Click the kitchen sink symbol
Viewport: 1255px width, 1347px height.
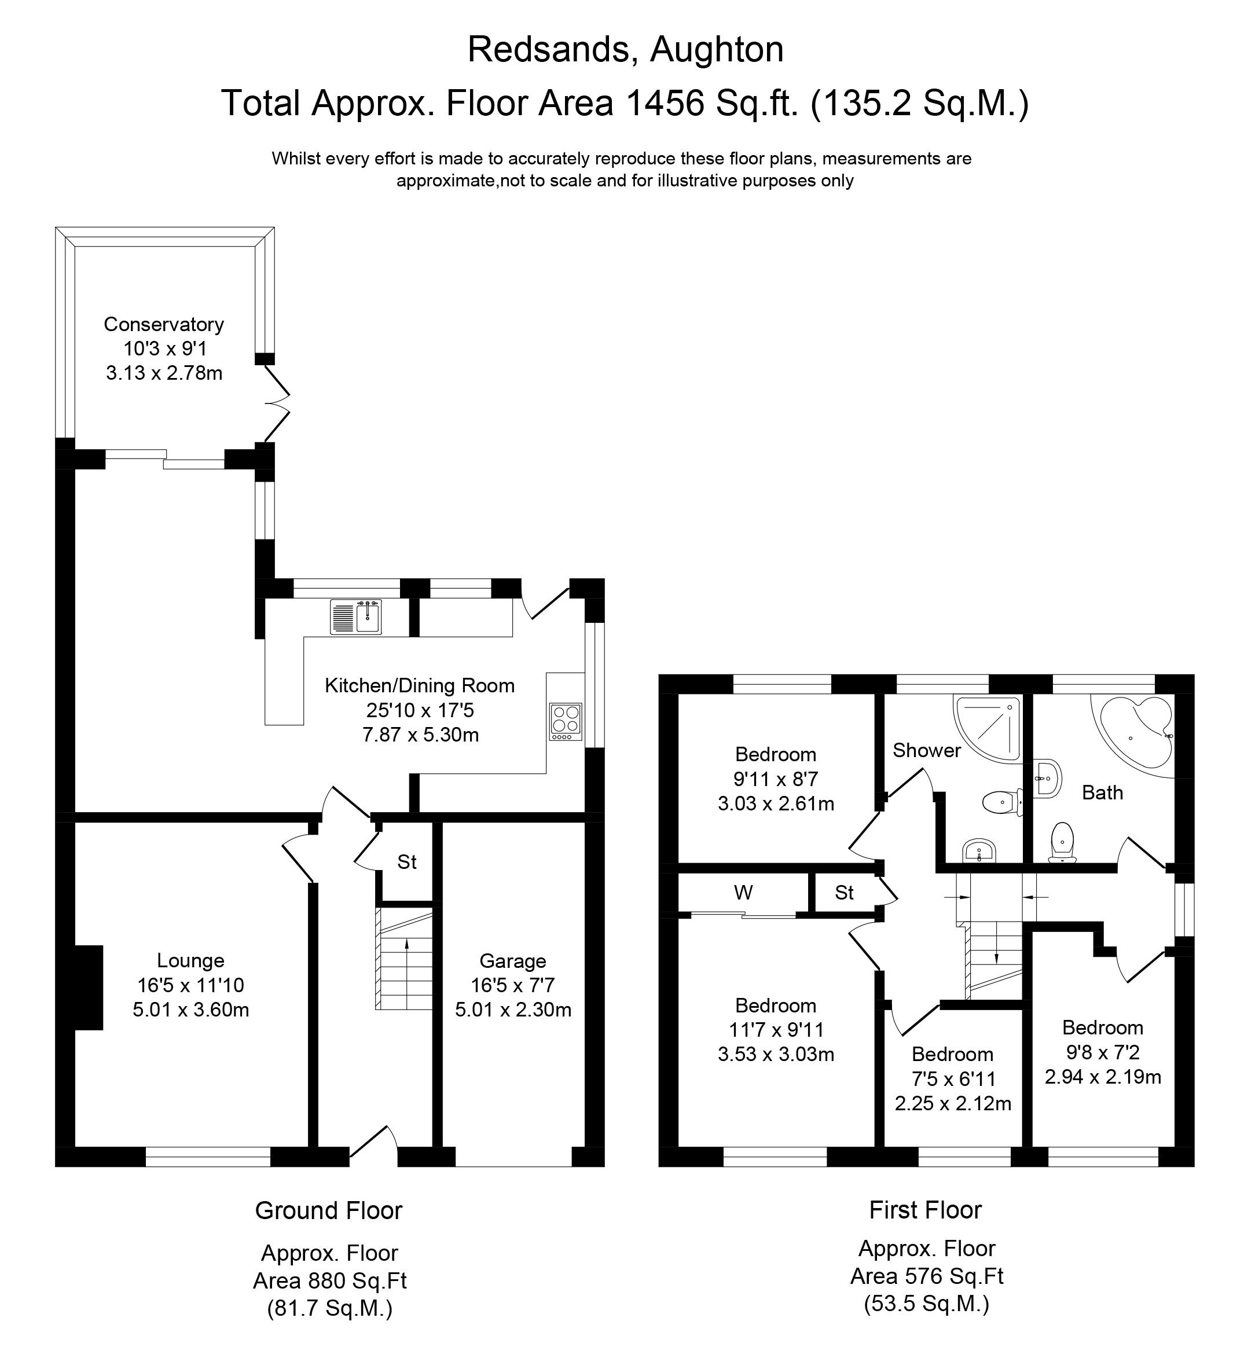click(x=357, y=616)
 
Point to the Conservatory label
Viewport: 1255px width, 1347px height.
click(x=163, y=324)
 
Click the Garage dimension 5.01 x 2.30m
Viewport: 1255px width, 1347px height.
click(x=513, y=1010)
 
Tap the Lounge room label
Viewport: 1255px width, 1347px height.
click(x=190, y=960)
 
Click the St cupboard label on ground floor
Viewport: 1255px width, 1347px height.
click(x=406, y=862)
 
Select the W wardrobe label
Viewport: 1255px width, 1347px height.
click(x=743, y=893)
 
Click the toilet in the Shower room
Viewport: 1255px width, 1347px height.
click(x=1001, y=802)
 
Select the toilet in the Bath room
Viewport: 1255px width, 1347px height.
click(x=1062, y=842)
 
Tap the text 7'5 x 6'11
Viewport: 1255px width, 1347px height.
click(x=953, y=1078)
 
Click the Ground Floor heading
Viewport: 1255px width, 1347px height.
click(x=329, y=1210)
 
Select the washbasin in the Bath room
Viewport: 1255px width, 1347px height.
click(x=1048, y=777)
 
